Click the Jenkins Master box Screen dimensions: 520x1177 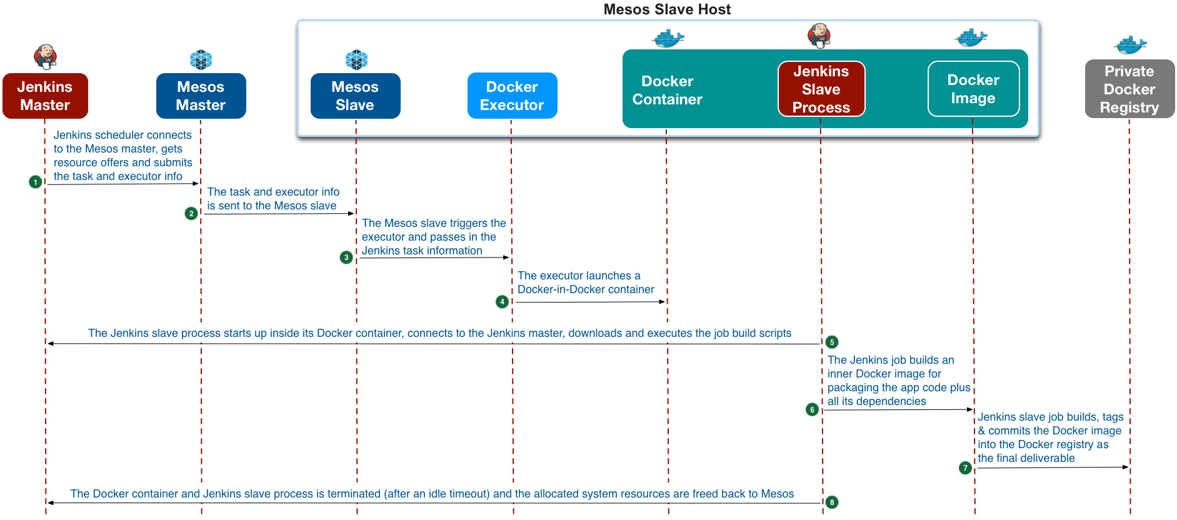[45, 96]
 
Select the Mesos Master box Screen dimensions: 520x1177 [201, 96]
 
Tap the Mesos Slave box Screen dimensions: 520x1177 [355, 96]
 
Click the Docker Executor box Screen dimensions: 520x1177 [512, 96]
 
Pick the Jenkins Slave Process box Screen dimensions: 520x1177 [821, 89]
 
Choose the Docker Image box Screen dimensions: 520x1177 [973, 89]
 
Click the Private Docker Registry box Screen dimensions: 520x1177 [1129, 89]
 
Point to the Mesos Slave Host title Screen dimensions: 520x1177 [667, 9]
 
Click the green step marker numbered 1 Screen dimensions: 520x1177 [36, 182]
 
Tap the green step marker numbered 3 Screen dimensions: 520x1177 [346, 257]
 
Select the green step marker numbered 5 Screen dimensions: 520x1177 [832, 342]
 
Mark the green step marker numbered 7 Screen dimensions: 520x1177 [966, 467]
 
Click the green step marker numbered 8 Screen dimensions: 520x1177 [832, 502]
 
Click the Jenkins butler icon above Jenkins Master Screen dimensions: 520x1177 [45, 57]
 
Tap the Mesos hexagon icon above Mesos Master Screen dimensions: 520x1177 [201, 60]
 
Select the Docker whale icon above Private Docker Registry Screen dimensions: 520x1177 [1130, 45]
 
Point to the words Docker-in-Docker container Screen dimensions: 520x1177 [586, 289]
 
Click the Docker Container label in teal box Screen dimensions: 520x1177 [667, 90]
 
